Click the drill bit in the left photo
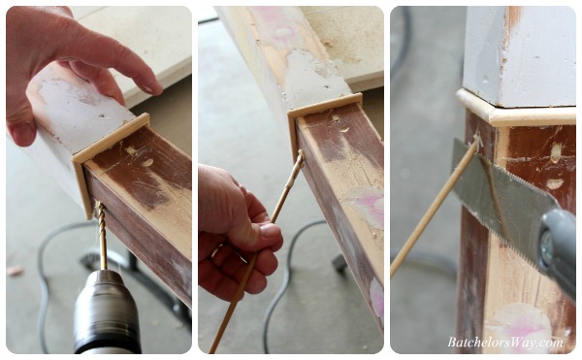coord(101,236)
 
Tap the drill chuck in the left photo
coord(106,311)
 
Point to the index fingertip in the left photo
coord(153,86)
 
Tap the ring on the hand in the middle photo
coord(216,250)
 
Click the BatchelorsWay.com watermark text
coord(505,342)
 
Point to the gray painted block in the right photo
coord(520,55)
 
